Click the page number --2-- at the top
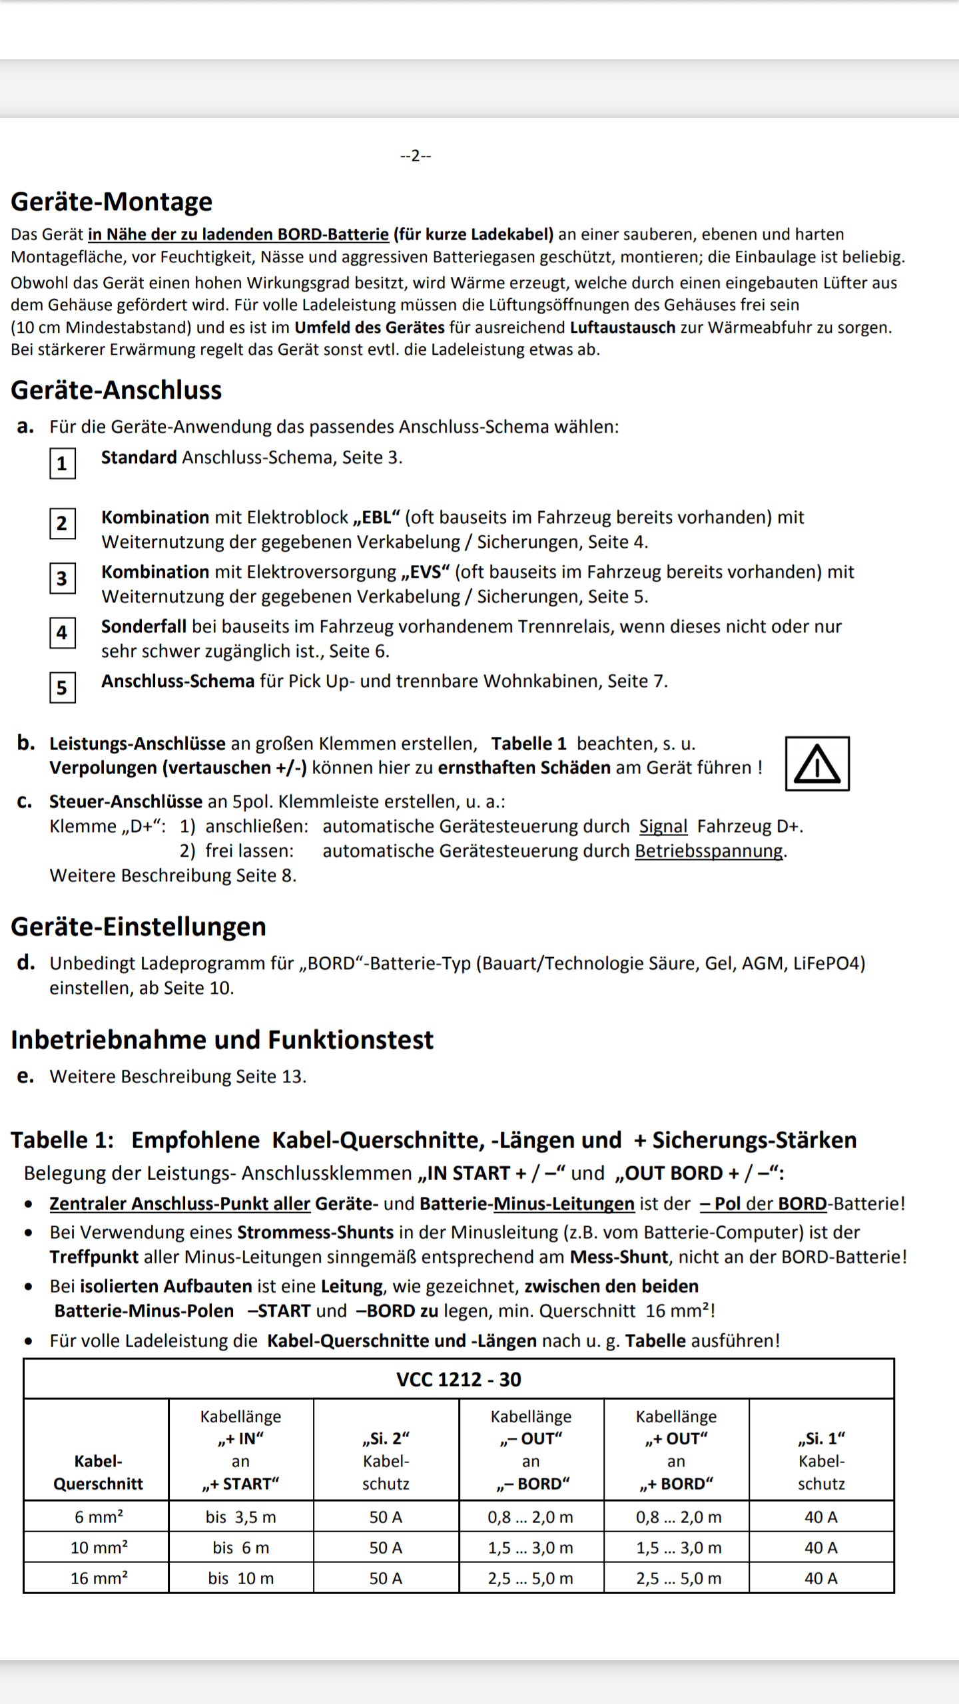tap(416, 156)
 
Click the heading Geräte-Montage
tap(111, 202)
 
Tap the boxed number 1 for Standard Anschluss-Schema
tap(62, 463)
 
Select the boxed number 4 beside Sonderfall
tap(62, 632)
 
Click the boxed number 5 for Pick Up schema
tap(62, 687)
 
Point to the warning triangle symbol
tap(817, 764)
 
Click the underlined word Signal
tap(663, 827)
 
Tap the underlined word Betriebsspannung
tap(709, 851)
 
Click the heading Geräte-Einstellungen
tap(139, 927)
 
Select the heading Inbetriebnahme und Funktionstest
tap(222, 1040)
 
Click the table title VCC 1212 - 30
tap(458, 1379)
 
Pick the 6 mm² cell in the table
tap(98, 1517)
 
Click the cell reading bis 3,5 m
tap(240, 1517)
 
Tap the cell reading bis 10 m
tap(240, 1578)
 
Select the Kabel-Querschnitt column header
tap(98, 1472)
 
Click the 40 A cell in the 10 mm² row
tap(820, 1548)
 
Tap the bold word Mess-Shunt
tap(619, 1257)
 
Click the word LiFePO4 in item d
tap(828, 964)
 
